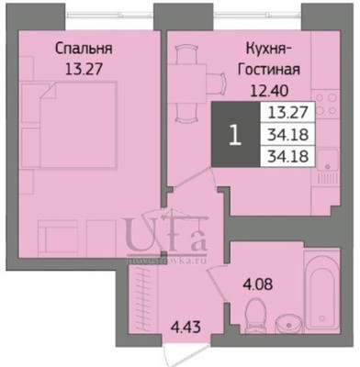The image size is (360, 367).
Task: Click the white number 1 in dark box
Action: tap(235, 137)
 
